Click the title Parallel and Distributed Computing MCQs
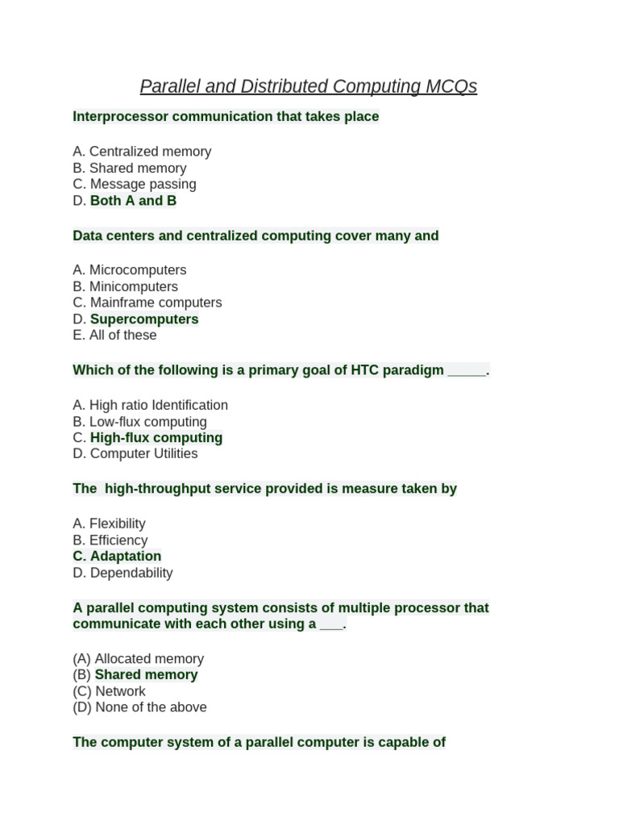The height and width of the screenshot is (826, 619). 309,86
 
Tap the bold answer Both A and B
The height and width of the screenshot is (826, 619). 133,201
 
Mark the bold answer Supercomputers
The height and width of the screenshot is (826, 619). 144,319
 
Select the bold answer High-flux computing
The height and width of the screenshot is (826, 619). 156,438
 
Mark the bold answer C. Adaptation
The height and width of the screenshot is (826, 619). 117,557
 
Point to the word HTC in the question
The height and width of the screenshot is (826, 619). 360,370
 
